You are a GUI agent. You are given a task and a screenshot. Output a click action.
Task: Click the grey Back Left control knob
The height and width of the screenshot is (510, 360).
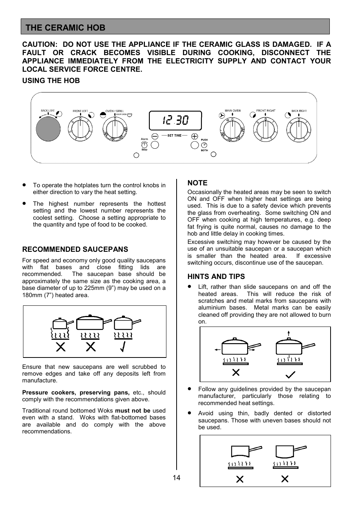click(48, 129)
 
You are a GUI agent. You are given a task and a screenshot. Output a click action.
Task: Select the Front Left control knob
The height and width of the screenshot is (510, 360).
click(80, 129)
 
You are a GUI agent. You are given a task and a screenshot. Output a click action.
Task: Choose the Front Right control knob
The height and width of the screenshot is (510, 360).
click(266, 129)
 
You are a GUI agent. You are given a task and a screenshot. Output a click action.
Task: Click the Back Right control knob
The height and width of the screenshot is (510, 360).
click(298, 129)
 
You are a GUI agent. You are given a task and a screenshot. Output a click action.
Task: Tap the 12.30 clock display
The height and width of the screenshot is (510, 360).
click(175, 121)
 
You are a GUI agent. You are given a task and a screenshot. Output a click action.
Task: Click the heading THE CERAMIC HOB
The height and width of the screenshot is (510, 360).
click(66, 28)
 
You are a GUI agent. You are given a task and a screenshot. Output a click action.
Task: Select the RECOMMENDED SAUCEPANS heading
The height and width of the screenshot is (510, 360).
click(75, 250)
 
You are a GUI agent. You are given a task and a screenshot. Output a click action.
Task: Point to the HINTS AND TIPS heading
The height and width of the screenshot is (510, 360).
click(216, 277)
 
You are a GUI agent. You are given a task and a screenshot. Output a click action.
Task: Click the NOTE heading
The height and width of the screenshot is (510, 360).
click(197, 183)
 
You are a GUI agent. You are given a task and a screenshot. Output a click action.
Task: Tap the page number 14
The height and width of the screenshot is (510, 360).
click(177, 478)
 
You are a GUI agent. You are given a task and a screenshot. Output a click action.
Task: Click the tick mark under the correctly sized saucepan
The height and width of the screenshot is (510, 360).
click(123, 347)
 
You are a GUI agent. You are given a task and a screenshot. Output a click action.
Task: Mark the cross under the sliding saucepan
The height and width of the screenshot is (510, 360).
click(236, 373)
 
